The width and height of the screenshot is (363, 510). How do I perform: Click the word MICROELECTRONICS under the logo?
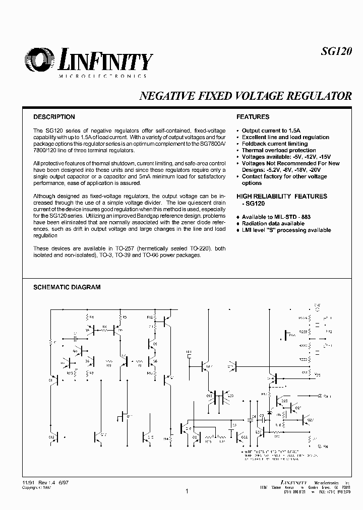(103, 76)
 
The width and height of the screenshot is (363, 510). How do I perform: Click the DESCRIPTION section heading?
(54, 117)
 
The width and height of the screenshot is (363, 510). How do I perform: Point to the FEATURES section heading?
(253, 117)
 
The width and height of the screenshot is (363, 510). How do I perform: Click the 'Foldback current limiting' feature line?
(275, 144)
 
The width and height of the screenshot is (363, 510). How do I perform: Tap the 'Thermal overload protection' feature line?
(279, 150)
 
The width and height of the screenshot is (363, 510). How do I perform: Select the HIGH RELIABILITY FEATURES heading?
(282, 196)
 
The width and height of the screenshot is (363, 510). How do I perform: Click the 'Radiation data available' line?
(273, 223)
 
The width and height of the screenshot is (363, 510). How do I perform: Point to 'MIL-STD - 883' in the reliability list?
(291, 217)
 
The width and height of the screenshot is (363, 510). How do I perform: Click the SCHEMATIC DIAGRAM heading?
(67, 287)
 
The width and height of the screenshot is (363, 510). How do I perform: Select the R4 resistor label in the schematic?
(91, 317)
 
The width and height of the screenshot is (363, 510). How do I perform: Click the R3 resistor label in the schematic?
(125, 317)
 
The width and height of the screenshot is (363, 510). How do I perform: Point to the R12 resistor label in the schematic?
(150, 317)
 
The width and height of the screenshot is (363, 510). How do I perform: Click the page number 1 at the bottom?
(187, 491)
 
